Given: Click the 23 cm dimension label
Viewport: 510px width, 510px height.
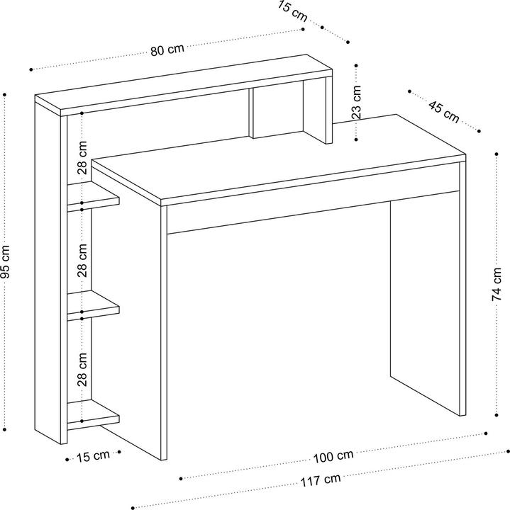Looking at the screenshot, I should (x=357, y=102).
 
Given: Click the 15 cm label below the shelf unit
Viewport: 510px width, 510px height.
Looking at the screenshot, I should (x=94, y=455).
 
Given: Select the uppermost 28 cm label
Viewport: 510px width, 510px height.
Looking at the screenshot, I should (x=83, y=159).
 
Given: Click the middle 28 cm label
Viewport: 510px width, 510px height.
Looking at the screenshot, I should (x=83, y=260).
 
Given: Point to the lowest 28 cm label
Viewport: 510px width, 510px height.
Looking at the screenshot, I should (x=83, y=369).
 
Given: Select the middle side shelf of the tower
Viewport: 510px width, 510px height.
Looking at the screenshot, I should (x=92, y=307).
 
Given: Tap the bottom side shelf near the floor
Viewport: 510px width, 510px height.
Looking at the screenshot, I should (x=92, y=414).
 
